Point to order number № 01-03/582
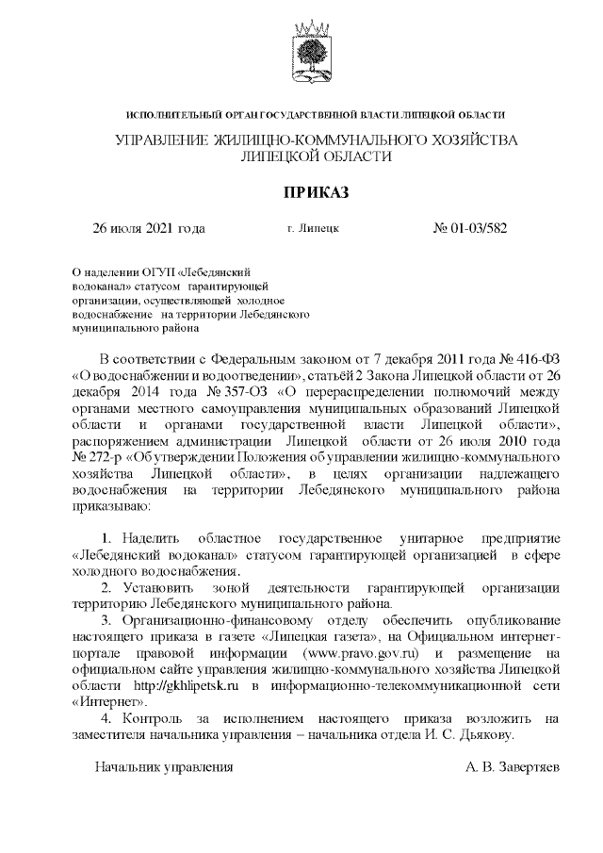[470, 228]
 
